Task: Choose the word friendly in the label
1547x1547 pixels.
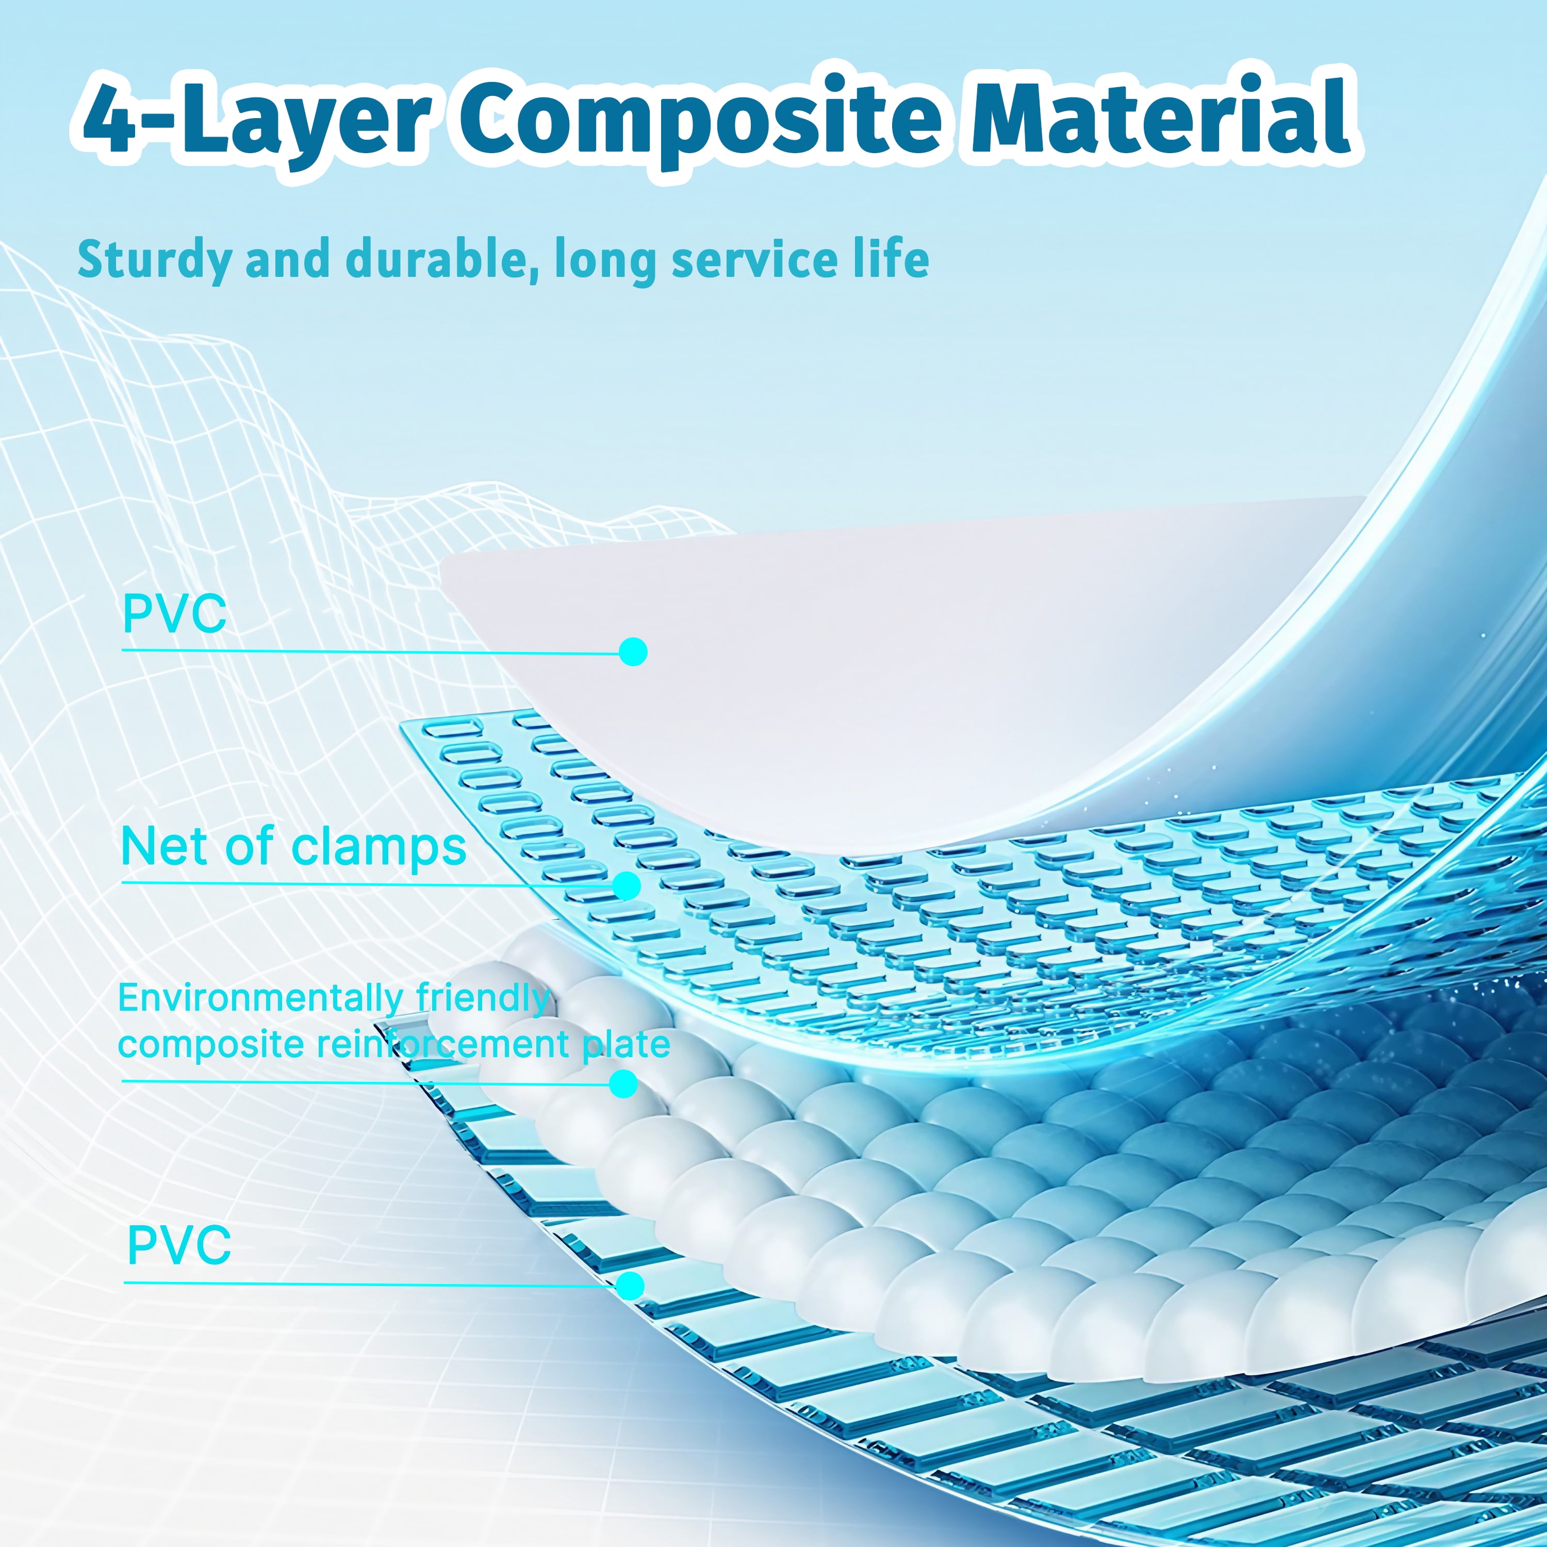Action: (483, 998)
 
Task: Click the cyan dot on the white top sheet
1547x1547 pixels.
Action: (633, 652)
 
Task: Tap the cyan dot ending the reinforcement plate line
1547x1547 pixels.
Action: (624, 1084)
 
